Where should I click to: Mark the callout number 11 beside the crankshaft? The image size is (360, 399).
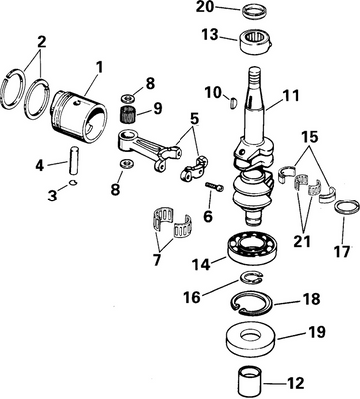291,99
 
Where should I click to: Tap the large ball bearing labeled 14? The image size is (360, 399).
260,250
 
